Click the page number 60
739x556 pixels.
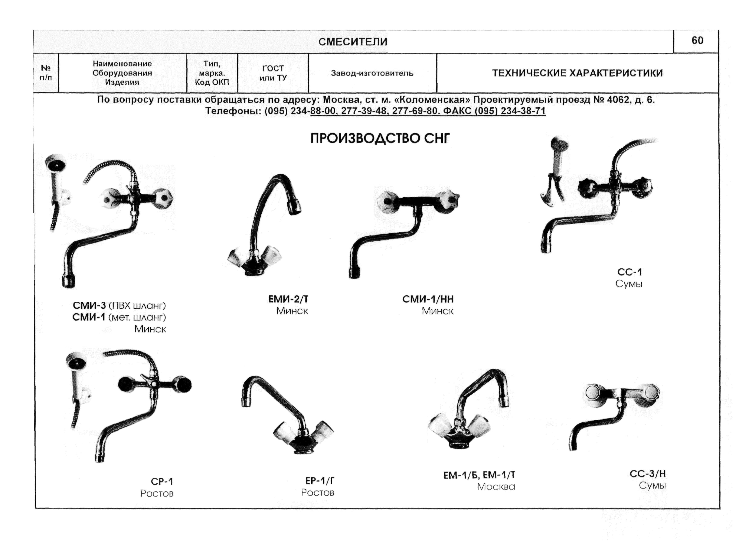click(x=697, y=41)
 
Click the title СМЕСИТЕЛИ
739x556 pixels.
click(x=353, y=42)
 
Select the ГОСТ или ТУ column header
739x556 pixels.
click(x=273, y=73)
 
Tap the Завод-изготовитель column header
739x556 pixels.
click(x=372, y=73)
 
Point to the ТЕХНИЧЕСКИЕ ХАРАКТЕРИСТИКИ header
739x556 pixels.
click(x=577, y=73)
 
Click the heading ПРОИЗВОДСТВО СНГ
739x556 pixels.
click(x=380, y=138)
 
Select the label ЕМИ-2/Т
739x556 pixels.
click(x=288, y=299)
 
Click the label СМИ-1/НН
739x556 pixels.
click(x=428, y=299)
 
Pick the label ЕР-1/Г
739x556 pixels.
click(x=320, y=481)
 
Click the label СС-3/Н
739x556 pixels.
click(x=647, y=473)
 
